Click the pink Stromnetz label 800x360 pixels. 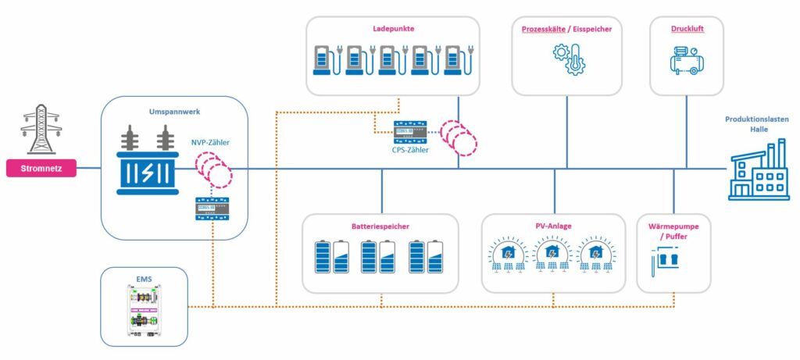tap(41, 168)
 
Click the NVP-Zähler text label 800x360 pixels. tap(210, 143)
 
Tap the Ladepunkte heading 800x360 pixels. tap(393, 29)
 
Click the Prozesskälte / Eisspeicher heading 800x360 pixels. tap(566, 30)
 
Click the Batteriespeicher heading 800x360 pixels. tap(381, 226)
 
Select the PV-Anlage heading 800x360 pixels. tap(553, 226)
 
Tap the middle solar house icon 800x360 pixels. tap(552, 256)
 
